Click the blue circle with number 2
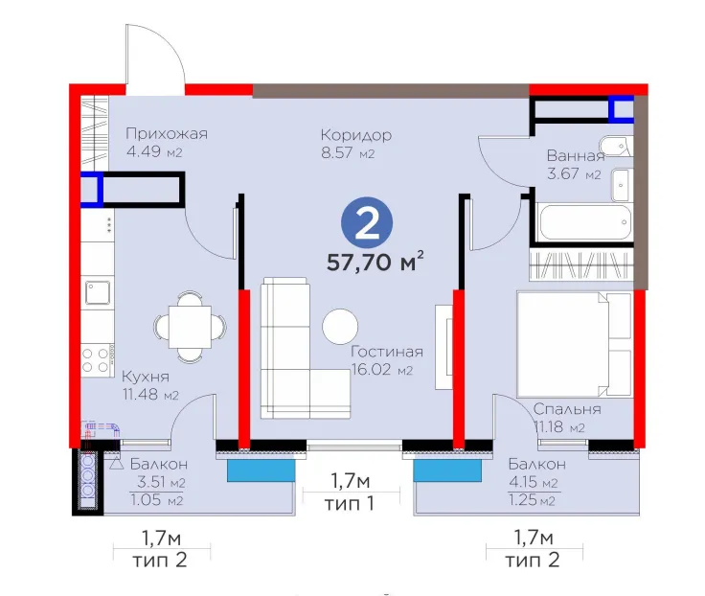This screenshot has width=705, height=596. pyautogui.click(x=367, y=222)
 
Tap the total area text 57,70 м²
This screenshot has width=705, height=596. pyautogui.click(x=375, y=262)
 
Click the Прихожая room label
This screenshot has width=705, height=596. pyautogui.click(x=167, y=133)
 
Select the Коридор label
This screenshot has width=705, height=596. pyautogui.click(x=356, y=135)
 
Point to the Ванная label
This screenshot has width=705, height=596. pyautogui.click(x=576, y=155)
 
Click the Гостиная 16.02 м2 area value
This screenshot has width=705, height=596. pyautogui.click(x=382, y=370)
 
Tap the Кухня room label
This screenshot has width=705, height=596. pyautogui.click(x=146, y=377)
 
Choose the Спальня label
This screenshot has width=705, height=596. pyautogui.click(x=567, y=409)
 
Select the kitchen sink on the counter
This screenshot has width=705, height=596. pyautogui.click(x=98, y=292)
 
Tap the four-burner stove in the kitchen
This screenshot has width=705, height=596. pyautogui.click(x=96, y=360)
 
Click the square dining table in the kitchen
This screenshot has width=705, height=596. pyautogui.click(x=190, y=327)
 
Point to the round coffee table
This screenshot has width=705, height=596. pyautogui.click(x=340, y=326)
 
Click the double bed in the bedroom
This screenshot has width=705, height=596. pyautogui.click(x=575, y=345)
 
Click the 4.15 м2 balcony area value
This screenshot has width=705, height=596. pyautogui.click(x=534, y=482)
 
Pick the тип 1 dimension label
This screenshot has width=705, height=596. pyautogui.click(x=350, y=504)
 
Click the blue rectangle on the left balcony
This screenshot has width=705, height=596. pyautogui.click(x=261, y=470)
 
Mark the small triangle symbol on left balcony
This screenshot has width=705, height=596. pyautogui.click(x=117, y=464)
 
